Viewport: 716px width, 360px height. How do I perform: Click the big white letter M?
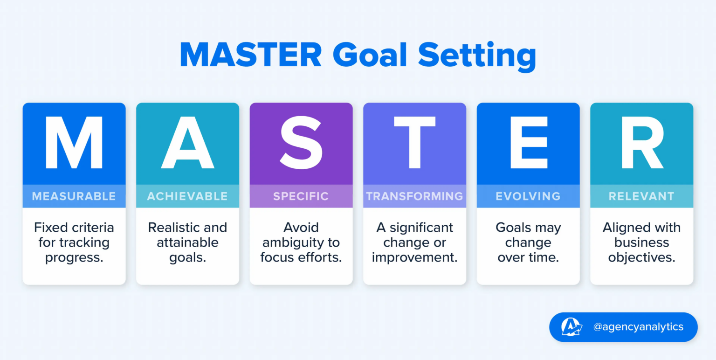(x=74, y=143)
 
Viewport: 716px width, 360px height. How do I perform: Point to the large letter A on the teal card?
(x=187, y=143)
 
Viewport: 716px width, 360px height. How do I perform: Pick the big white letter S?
(x=301, y=143)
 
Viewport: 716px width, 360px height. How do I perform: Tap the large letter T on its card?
(x=414, y=143)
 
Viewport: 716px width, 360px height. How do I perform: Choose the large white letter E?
(x=528, y=143)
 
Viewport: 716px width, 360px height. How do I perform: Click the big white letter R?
(x=642, y=143)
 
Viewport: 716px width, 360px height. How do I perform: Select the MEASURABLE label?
(x=74, y=196)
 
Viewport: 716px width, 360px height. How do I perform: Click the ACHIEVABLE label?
(x=187, y=196)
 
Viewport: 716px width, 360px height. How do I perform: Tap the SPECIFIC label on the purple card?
(x=301, y=196)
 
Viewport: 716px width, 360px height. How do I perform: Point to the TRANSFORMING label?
(x=414, y=196)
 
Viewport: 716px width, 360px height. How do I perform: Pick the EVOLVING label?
(x=528, y=196)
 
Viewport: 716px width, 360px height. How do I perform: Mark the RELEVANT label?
(x=642, y=196)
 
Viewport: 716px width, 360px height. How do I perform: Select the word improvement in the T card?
(x=414, y=257)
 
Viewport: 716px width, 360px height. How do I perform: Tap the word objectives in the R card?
(x=641, y=257)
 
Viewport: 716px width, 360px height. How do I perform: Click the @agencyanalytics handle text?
(x=638, y=327)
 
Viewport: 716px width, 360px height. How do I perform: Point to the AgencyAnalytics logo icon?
(x=571, y=327)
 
